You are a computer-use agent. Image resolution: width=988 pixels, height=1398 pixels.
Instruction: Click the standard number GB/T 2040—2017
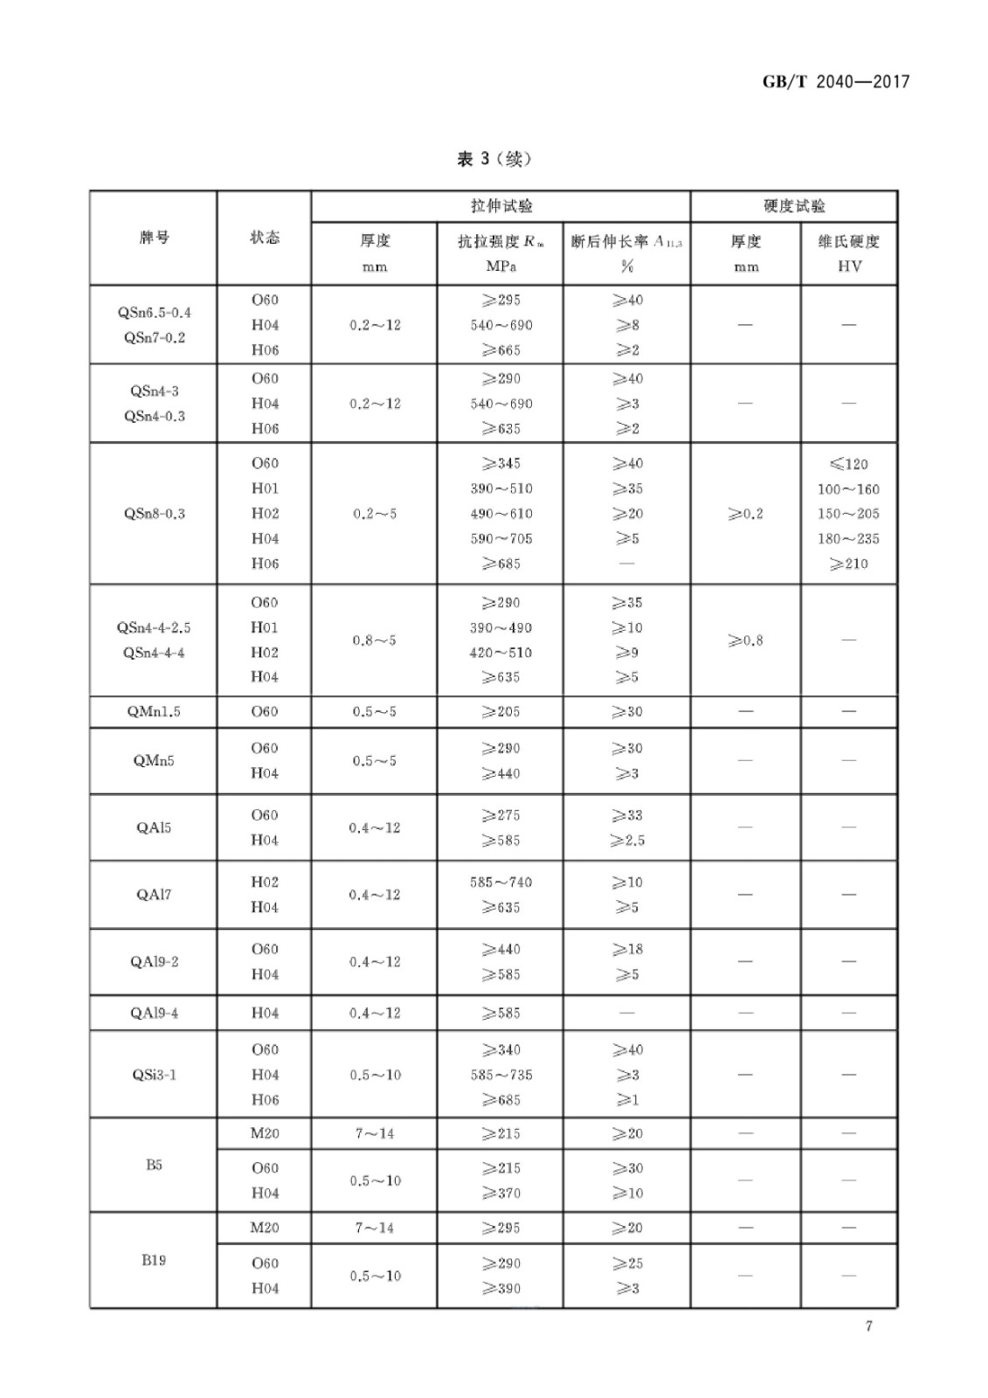(836, 82)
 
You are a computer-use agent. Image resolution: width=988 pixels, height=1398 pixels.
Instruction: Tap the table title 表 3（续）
(494, 159)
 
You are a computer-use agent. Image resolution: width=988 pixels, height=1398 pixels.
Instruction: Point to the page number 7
(868, 1325)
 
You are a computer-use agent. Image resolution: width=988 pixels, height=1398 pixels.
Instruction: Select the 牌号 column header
(154, 238)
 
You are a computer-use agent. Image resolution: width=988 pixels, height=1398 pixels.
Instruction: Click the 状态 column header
(264, 238)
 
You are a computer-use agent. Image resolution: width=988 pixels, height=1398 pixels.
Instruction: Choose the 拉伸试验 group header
(501, 206)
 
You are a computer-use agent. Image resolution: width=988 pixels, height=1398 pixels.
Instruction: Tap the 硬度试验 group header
(793, 206)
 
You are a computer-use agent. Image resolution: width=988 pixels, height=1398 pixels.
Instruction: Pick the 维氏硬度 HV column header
(848, 253)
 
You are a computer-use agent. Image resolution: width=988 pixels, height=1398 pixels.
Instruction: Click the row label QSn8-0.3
(154, 514)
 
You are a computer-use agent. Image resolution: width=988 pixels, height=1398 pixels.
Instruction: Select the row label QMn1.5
(154, 711)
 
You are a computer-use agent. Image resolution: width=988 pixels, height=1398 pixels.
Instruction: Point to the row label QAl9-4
(154, 1013)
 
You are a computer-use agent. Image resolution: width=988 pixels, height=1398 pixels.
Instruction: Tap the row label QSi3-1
(154, 1074)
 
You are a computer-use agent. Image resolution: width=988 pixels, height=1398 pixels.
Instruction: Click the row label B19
(154, 1260)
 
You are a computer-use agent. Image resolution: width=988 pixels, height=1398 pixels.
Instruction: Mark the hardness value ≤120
(848, 464)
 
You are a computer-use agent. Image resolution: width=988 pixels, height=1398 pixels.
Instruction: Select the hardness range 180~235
(848, 539)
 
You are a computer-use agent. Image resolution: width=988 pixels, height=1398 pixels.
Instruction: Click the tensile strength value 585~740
(501, 882)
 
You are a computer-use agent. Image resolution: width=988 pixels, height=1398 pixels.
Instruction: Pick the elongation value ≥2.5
(627, 841)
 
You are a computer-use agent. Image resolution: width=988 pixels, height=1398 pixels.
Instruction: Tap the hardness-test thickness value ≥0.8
(745, 640)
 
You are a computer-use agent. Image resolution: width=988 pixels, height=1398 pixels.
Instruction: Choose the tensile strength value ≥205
(501, 711)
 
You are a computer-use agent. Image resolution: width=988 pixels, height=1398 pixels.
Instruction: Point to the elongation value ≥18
(627, 949)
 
